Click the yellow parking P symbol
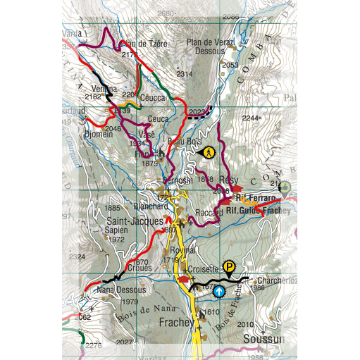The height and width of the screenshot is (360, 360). click(x=228, y=266)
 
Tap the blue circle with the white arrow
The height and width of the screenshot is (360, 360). click(x=219, y=290)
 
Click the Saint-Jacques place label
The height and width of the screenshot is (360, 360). click(x=131, y=221)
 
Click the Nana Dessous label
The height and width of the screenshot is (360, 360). click(x=121, y=290)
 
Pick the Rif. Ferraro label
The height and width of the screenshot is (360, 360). click(x=255, y=198)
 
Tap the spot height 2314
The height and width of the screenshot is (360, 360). click(x=184, y=74)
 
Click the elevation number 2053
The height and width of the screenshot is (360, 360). click(x=230, y=65)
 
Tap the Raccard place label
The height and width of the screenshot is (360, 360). click(x=209, y=211)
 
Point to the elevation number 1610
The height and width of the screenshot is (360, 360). click(x=211, y=311)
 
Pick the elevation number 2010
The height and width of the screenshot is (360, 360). click(x=245, y=324)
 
